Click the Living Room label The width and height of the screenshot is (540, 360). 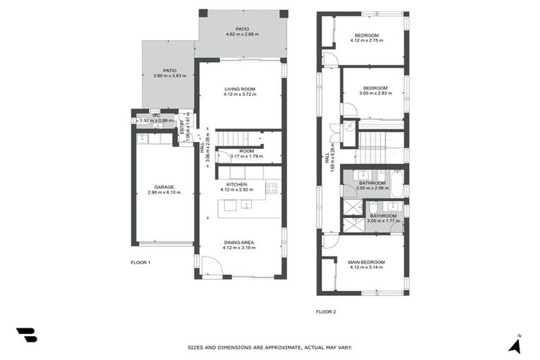pos(240,89)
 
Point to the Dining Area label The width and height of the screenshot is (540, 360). pos(240,242)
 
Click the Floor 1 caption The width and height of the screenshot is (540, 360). pos(141,262)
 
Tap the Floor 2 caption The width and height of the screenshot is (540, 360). pos(326,311)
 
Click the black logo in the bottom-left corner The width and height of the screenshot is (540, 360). pos(26,335)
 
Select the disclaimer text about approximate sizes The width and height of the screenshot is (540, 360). pos(269,347)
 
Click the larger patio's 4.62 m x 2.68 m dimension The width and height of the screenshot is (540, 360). pos(242,34)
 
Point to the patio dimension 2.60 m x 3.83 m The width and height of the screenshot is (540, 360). pos(169,76)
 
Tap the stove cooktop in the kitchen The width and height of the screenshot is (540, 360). pos(271,188)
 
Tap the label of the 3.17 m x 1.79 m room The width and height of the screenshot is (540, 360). pos(246,151)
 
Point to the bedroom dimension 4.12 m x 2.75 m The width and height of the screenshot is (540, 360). pos(366,41)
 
